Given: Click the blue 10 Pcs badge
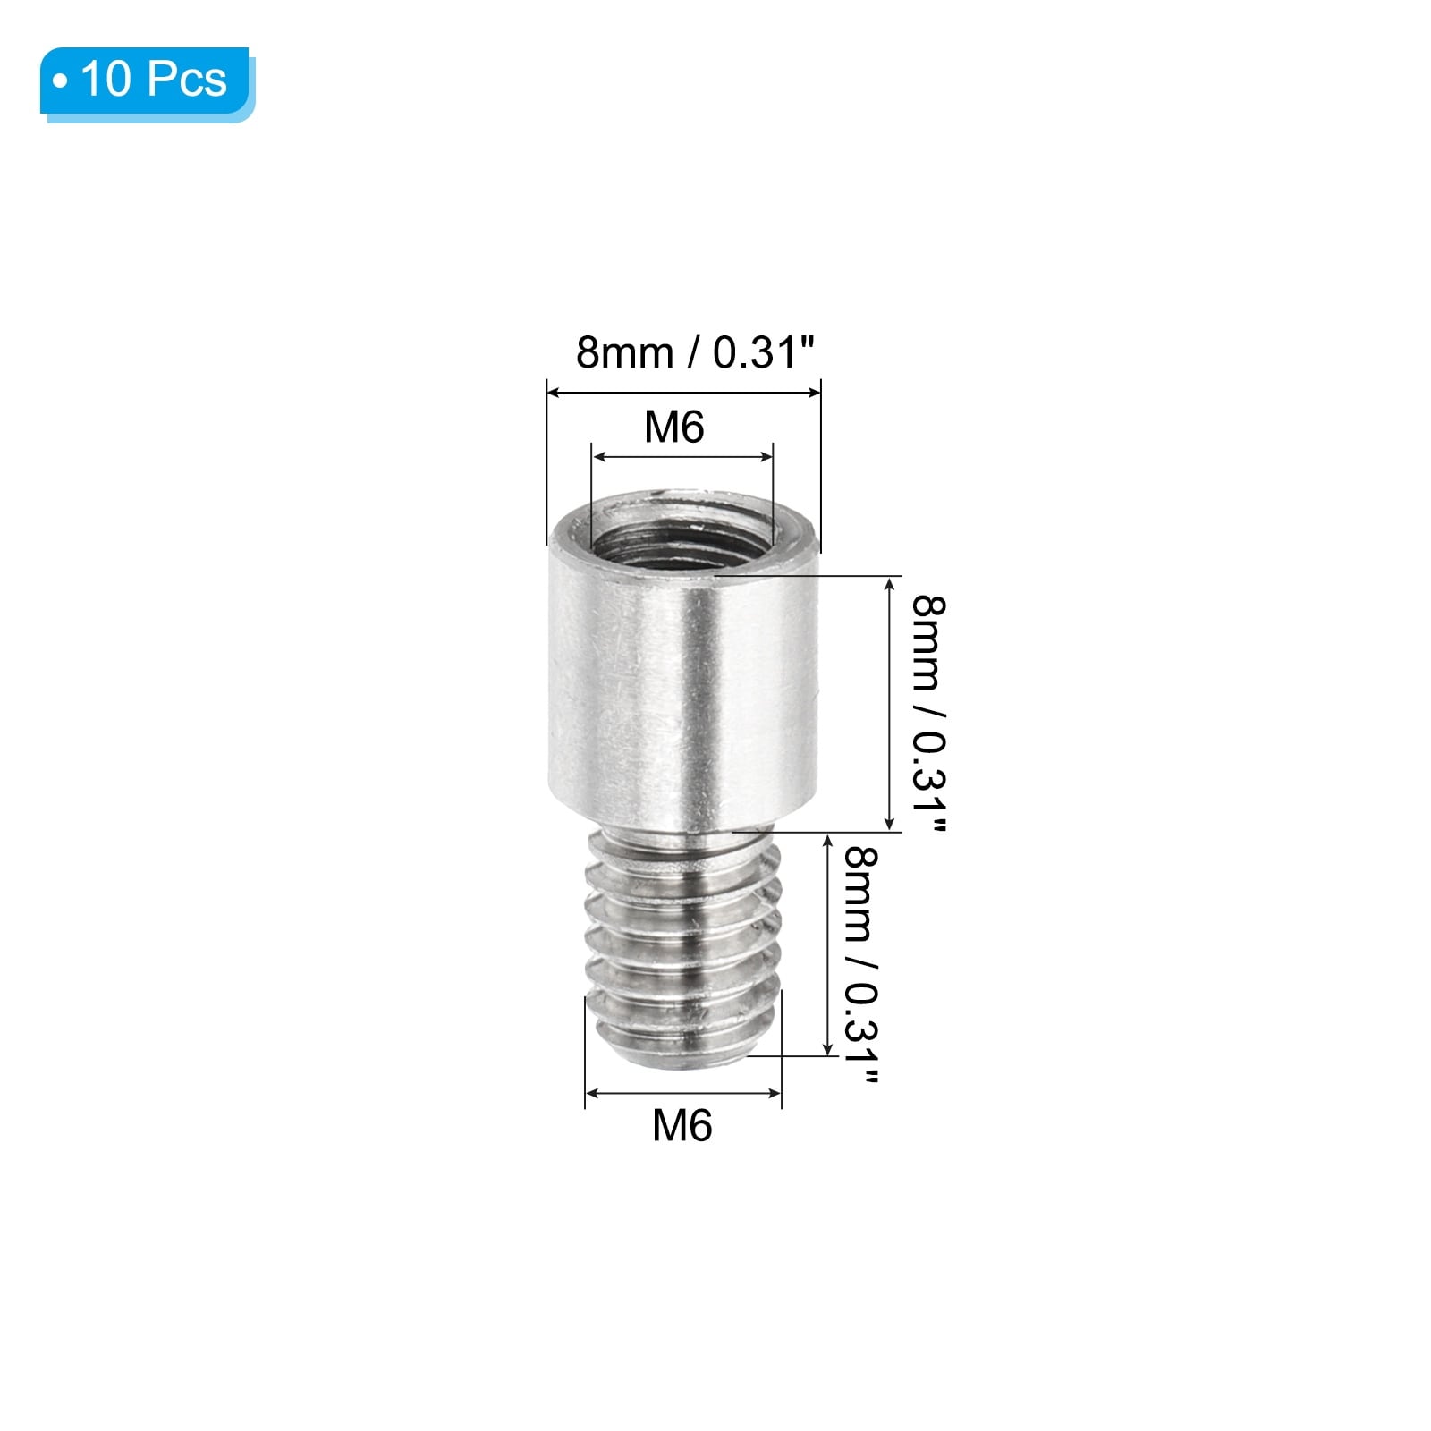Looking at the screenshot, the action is pos(147,82).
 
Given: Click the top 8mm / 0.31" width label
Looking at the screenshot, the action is pos(696,353).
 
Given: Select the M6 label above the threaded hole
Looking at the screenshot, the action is pos(674,428).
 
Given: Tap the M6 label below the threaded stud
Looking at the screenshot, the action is pos(682,1125).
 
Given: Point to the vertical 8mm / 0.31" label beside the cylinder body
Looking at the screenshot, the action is pos(927,718).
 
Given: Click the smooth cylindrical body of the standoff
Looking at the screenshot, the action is pos(684,689).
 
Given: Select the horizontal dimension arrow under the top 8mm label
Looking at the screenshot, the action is pos(684,391).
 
